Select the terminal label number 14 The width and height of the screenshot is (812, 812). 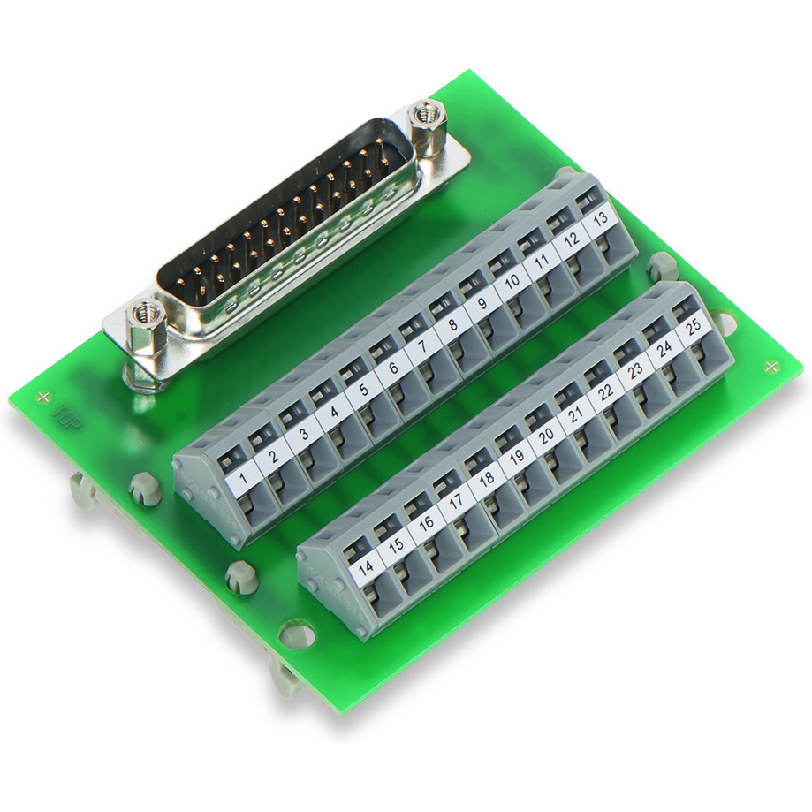point(367,568)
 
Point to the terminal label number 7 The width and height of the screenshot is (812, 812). point(421,345)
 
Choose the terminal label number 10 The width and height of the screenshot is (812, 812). point(510,285)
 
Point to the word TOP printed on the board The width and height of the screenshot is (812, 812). point(70,416)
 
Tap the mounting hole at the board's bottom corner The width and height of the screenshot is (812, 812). point(294,633)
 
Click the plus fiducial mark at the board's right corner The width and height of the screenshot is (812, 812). point(771,366)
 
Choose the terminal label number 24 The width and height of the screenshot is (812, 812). point(664,348)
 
